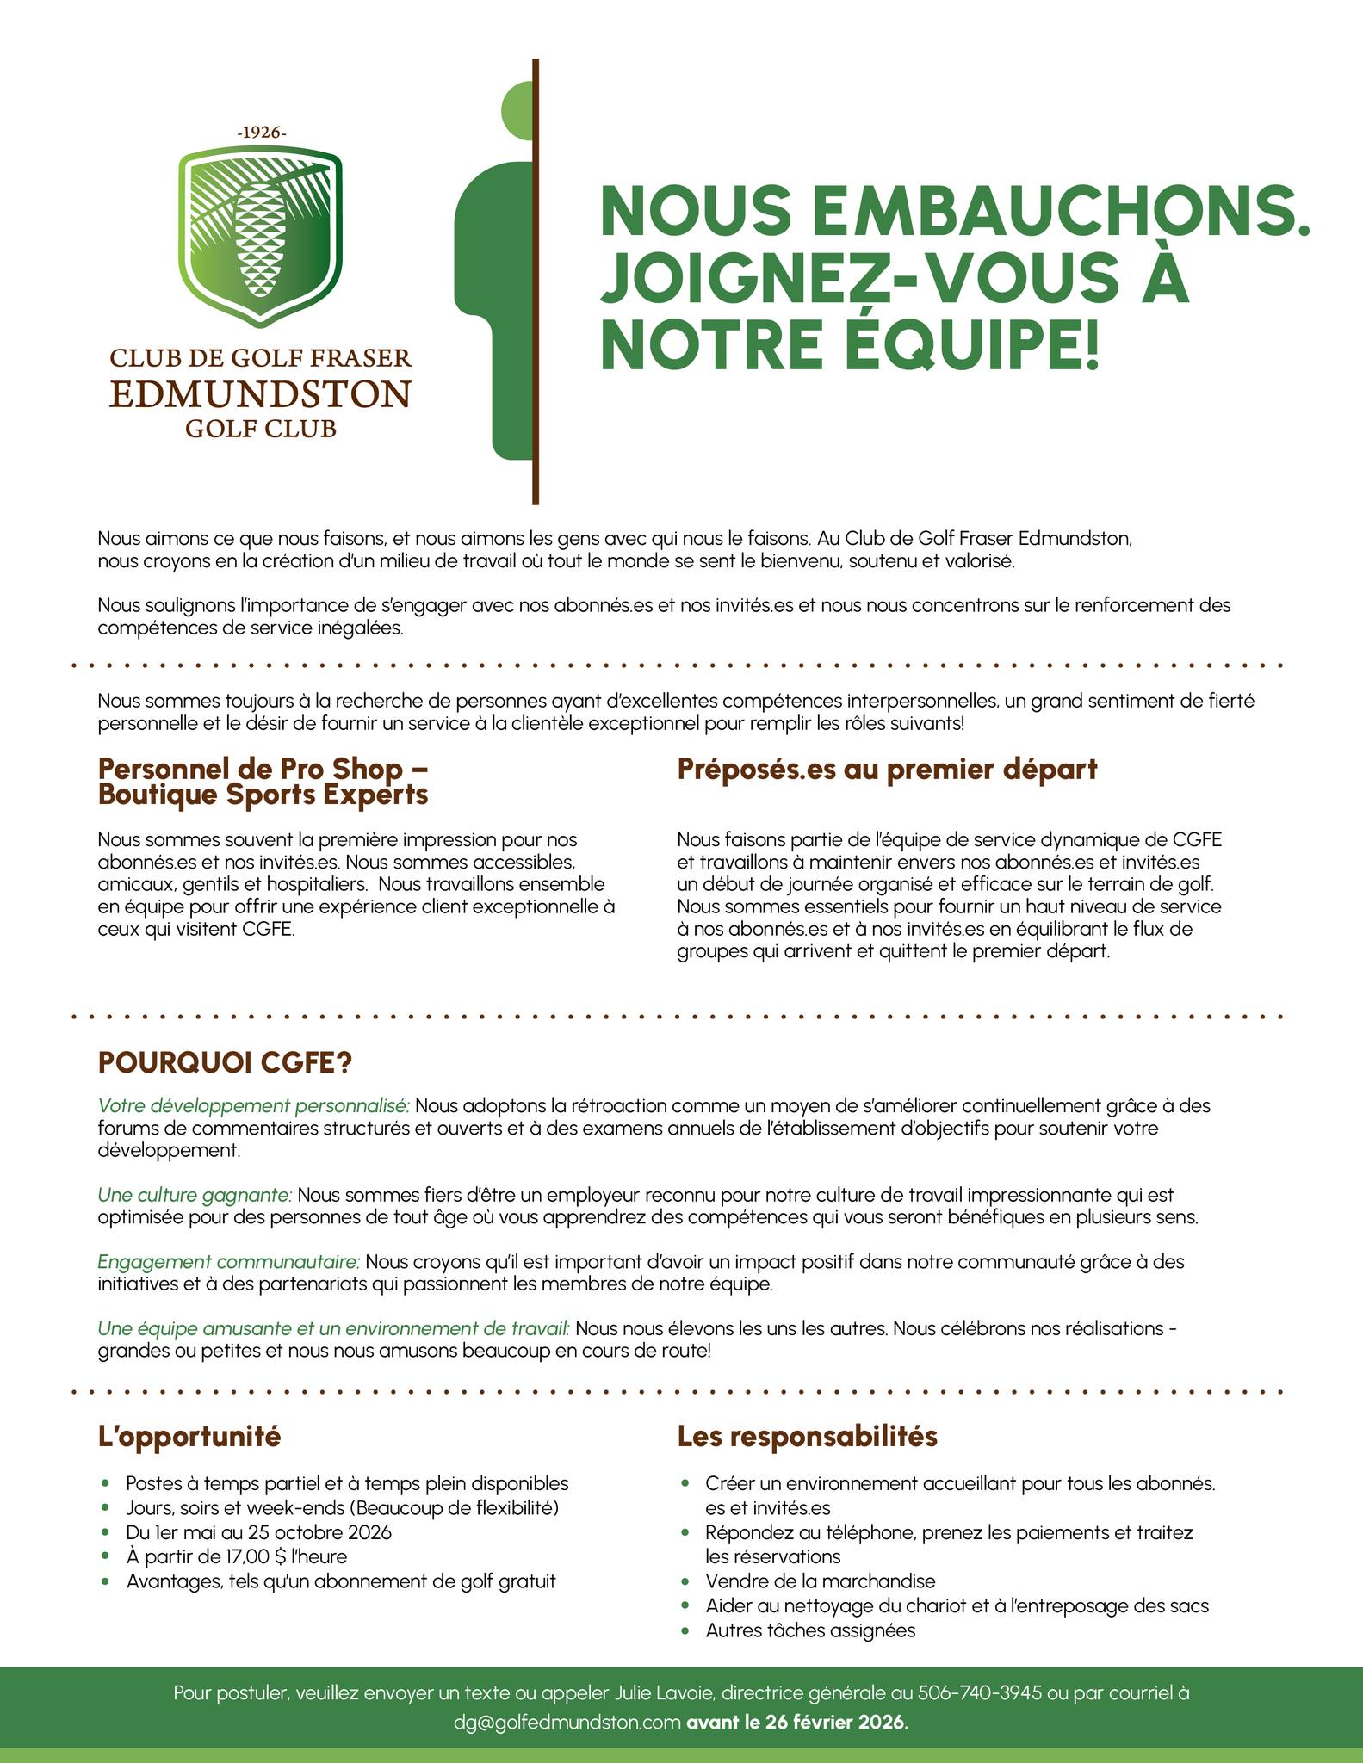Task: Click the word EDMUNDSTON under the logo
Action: point(260,394)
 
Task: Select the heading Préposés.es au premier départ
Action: point(887,769)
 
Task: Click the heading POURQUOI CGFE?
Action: point(225,1063)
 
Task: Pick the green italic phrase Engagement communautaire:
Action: point(229,1262)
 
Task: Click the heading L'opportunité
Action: point(189,1436)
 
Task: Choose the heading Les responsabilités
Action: point(807,1436)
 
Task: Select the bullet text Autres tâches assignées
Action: point(810,1630)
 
